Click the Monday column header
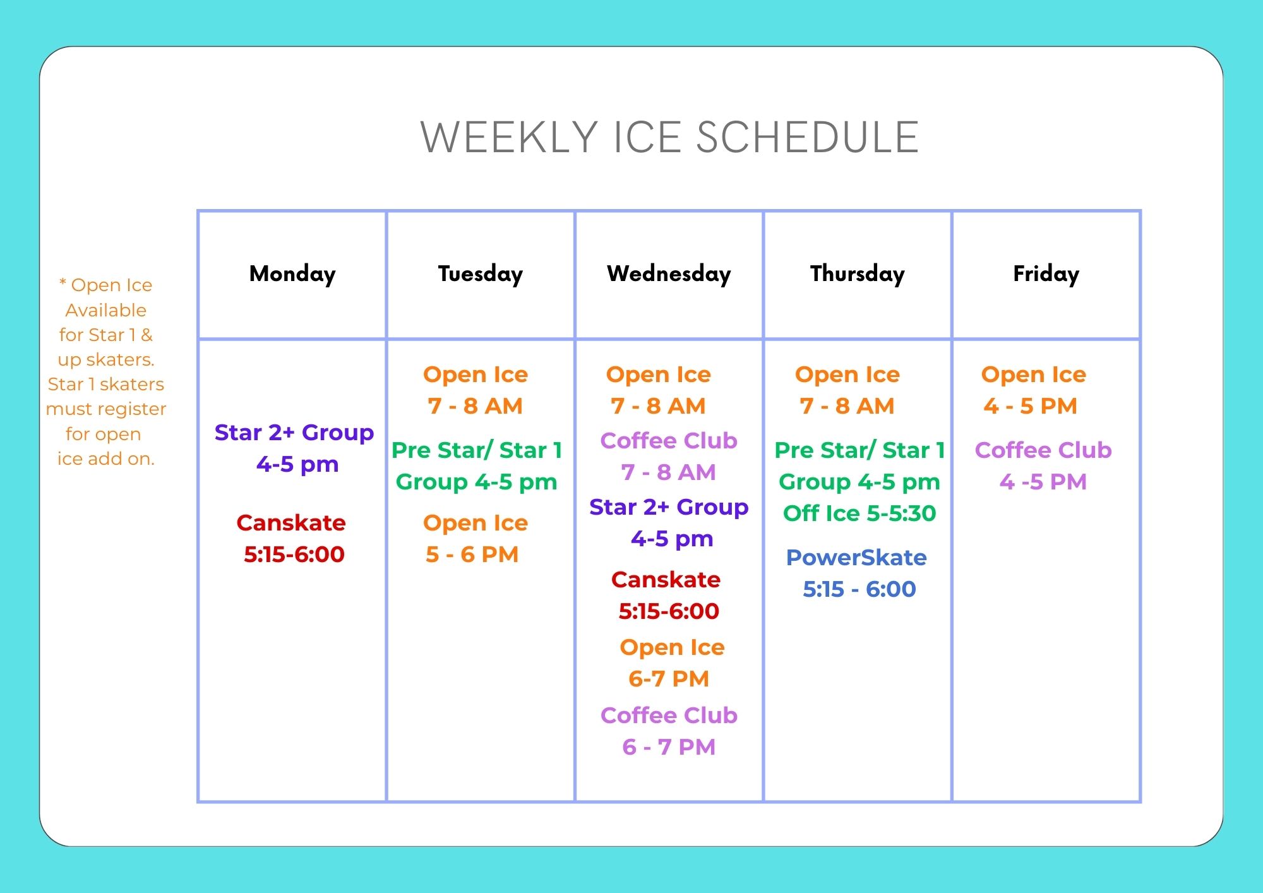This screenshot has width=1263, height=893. pyautogui.click(x=292, y=274)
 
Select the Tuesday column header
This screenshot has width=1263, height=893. pyautogui.click(x=481, y=274)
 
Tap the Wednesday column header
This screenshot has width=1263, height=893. pyautogui.click(x=669, y=273)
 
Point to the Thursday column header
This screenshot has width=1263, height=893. pyautogui.click(x=858, y=274)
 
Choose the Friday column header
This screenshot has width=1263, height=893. pyautogui.click(x=1046, y=274)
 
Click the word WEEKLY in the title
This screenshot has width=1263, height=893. pyautogui.click(x=509, y=138)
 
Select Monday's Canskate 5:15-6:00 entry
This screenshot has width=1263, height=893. pyautogui.click(x=292, y=539)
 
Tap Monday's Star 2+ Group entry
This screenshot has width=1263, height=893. pyautogui.click(x=294, y=448)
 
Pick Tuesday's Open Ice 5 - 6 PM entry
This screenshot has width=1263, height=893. pyautogui.click(x=475, y=539)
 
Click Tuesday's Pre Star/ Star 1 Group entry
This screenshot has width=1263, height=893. pyautogui.click(x=477, y=466)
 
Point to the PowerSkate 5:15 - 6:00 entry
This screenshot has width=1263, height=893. pyautogui.click(x=857, y=573)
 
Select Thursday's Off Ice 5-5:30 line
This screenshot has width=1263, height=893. pyautogui.click(x=859, y=513)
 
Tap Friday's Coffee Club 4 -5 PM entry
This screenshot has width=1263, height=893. pyautogui.click(x=1043, y=466)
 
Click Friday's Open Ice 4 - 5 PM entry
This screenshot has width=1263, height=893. pyautogui.click(x=1033, y=390)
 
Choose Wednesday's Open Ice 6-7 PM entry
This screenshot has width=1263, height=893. pyautogui.click(x=671, y=663)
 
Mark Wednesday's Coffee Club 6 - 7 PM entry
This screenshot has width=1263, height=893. pyautogui.click(x=669, y=731)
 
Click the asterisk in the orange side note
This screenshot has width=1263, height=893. pyautogui.click(x=63, y=282)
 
